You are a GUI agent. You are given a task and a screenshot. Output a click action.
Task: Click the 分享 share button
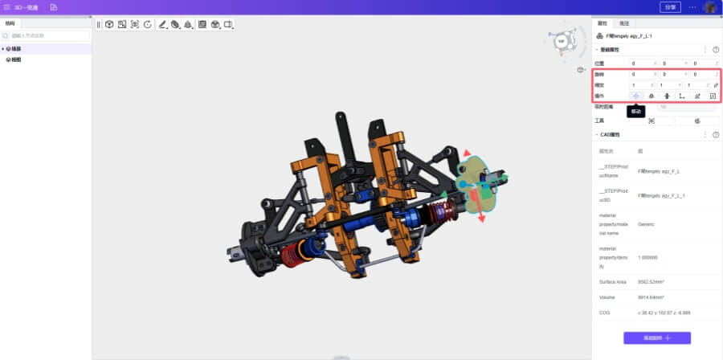tap(670, 7)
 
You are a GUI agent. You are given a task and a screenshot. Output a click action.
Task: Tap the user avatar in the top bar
tap(710, 7)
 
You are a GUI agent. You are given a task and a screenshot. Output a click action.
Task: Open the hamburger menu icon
tap(7, 7)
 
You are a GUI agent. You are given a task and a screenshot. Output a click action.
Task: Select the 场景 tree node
tap(15, 49)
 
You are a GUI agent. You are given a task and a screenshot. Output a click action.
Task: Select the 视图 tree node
tap(15, 59)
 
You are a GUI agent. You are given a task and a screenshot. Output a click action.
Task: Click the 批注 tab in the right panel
tap(624, 23)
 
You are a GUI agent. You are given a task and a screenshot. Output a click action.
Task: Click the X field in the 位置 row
tap(643, 63)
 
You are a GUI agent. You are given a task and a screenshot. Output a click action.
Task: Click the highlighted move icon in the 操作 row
tap(635, 96)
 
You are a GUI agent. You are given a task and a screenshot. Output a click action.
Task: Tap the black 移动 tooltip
tap(635, 112)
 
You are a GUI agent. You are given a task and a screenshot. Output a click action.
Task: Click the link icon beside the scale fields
tap(716, 85)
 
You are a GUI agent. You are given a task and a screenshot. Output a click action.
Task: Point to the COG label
tap(605, 312)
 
